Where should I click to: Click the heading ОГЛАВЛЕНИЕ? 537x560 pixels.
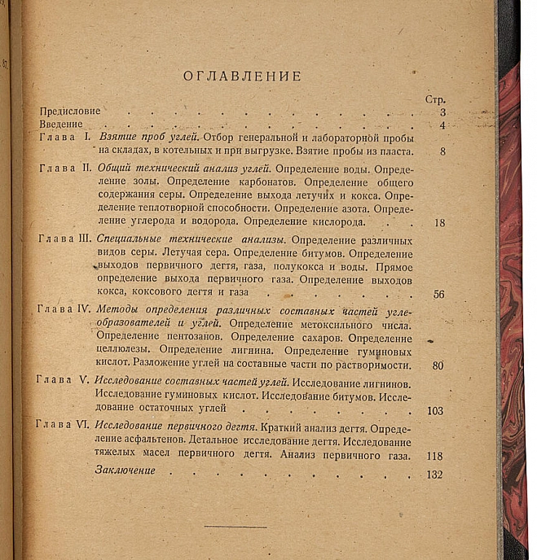(242, 77)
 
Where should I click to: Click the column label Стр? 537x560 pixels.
(435, 99)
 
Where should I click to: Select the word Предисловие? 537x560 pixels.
(70, 112)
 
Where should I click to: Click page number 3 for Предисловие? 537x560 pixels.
(442, 112)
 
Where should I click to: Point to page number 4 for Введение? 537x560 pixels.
(442, 125)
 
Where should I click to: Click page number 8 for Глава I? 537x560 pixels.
(442, 151)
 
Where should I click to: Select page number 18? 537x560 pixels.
(440, 223)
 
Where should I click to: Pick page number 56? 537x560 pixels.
(438, 294)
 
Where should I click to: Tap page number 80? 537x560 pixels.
(438, 365)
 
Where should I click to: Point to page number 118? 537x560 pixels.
(434, 456)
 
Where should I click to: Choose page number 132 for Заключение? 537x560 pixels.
(434, 475)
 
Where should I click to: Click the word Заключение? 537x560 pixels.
(125, 471)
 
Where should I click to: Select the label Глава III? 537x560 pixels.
(64, 240)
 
